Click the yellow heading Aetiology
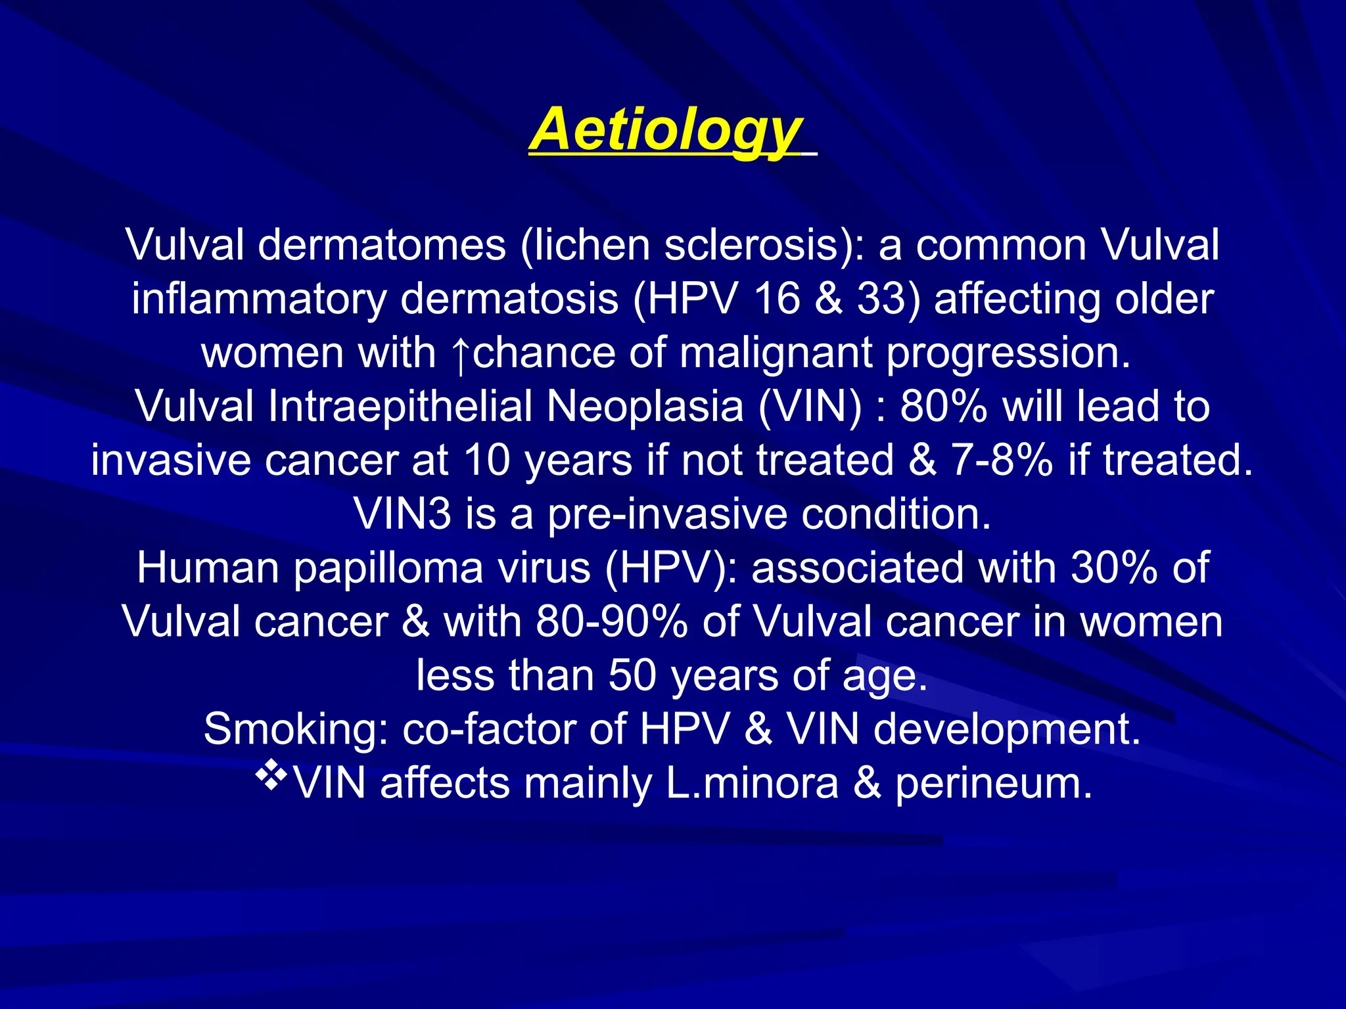pos(665,131)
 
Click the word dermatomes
pos(382,246)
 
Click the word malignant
pos(776,353)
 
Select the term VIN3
pos(402,514)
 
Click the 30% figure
pos(1114,568)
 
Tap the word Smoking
pos(295,730)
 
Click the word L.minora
pos(752,784)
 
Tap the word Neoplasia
pos(645,407)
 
